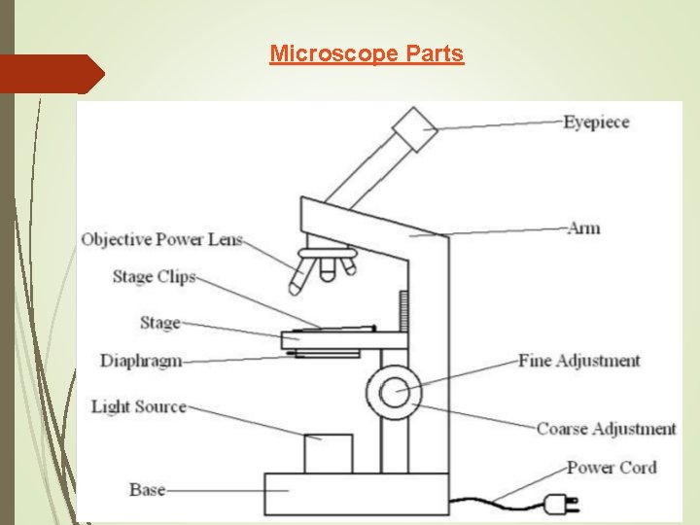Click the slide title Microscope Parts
367,53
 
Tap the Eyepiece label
596,122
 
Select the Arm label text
583,228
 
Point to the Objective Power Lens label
162,239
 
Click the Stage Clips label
155,277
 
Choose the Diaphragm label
141,362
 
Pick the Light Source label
138,406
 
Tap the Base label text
147,490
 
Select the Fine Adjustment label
579,361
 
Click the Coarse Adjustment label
607,429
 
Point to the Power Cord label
612,468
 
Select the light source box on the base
327,452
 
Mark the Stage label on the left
159,323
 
